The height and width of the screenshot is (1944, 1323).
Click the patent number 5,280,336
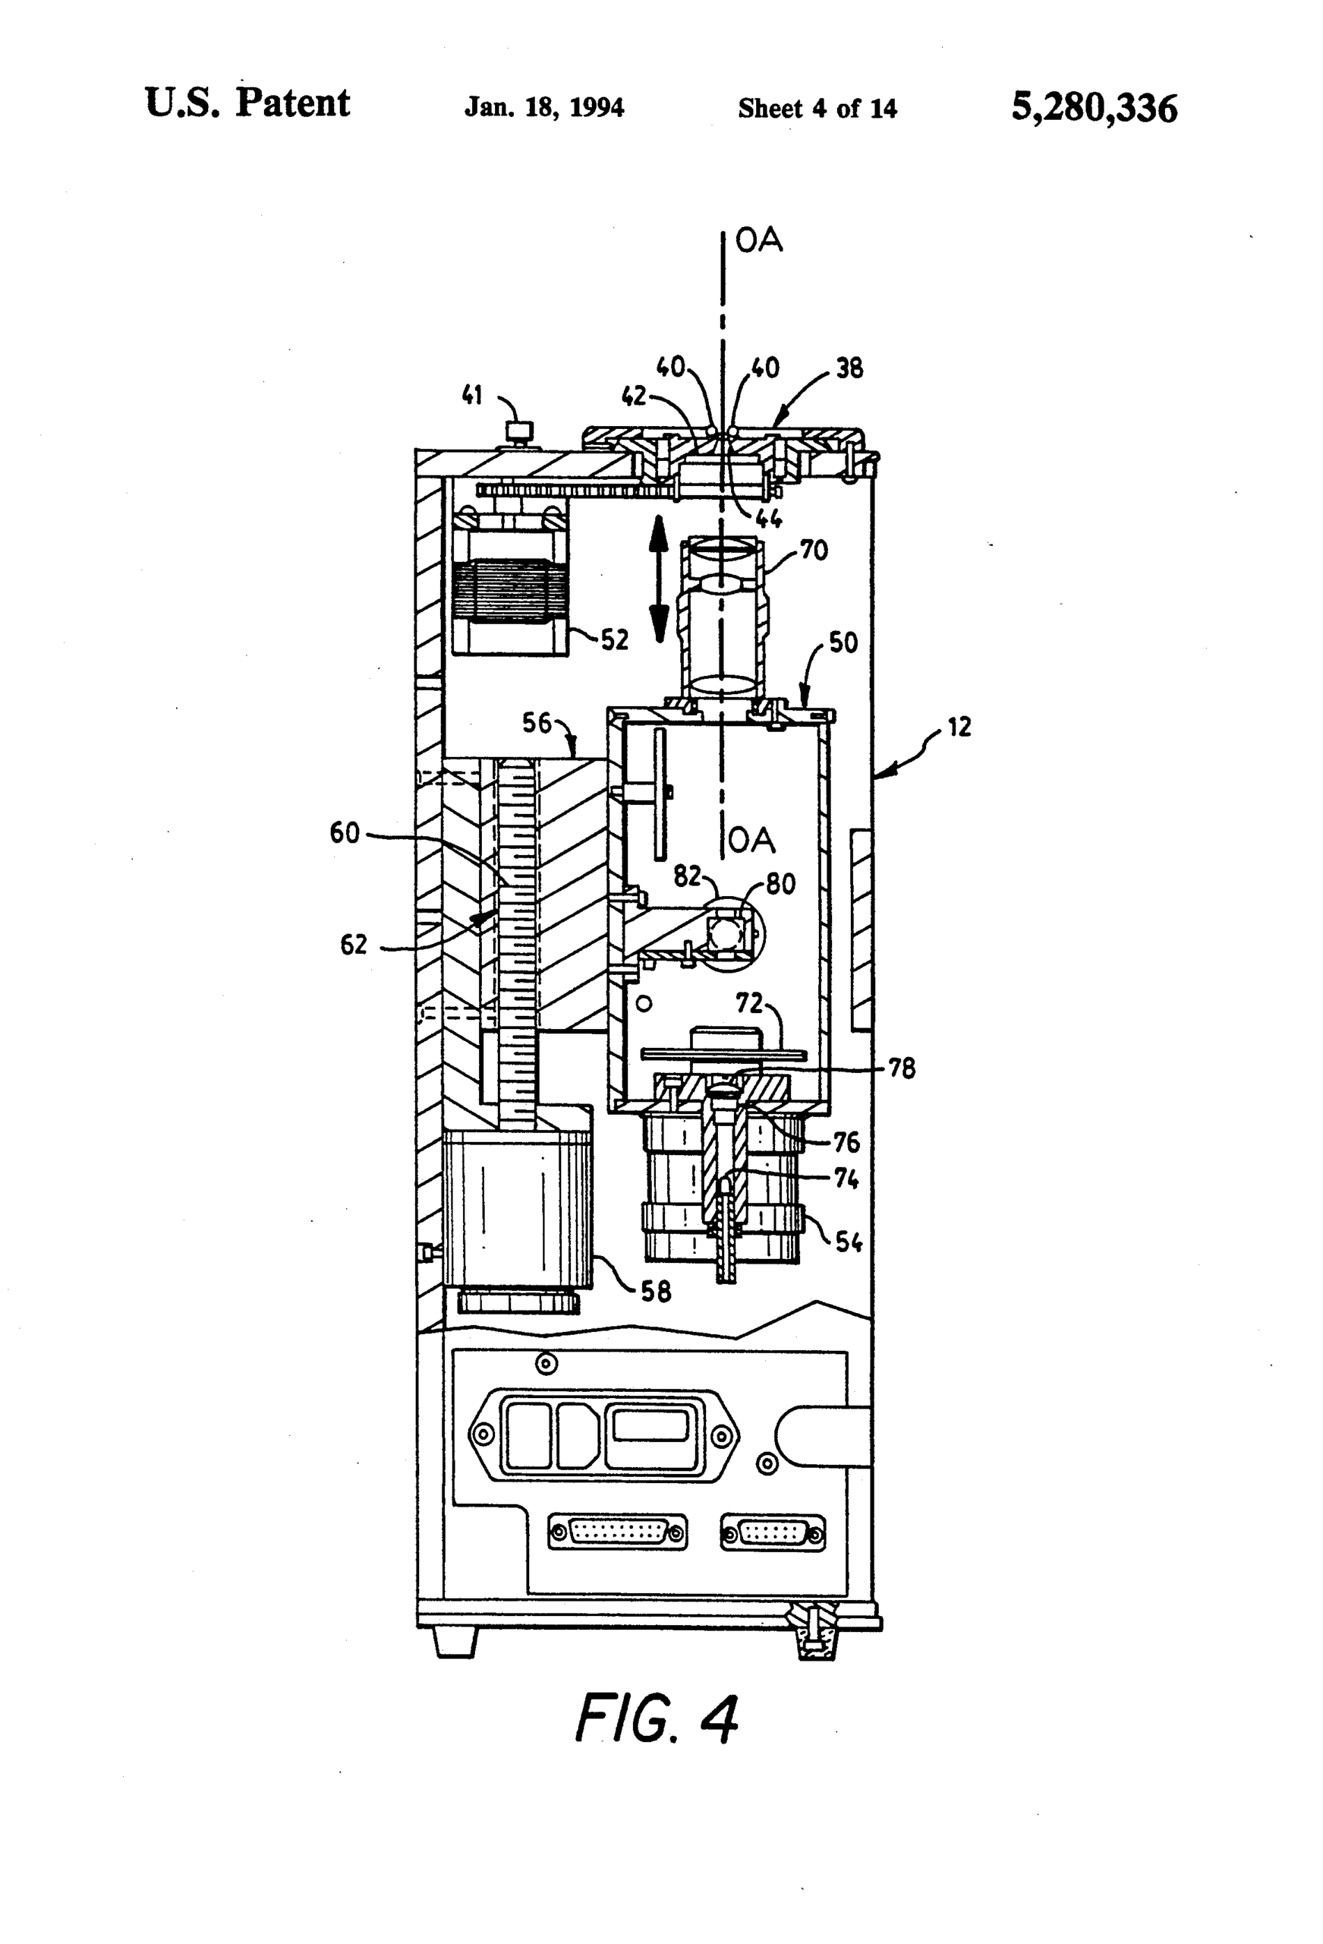(1094, 108)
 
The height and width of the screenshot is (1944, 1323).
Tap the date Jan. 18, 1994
(544, 108)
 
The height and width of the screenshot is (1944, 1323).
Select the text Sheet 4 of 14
(817, 109)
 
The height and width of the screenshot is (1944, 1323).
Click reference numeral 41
(472, 395)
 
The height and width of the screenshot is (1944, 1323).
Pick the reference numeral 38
(849, 368)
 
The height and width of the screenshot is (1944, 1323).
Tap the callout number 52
(615, 640)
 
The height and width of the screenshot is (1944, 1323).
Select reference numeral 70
(814, 551)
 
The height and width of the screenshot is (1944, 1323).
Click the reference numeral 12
(959, 727)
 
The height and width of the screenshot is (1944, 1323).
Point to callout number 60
(345, 833)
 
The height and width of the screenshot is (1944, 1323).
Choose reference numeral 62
(353, 945)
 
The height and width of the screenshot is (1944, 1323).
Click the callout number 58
(656, 1292)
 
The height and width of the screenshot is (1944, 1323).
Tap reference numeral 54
(849, 1242)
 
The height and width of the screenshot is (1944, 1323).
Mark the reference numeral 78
(902, 1068)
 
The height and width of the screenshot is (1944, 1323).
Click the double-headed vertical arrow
(659, 578)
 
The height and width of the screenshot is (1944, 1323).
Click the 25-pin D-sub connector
(617, 1533)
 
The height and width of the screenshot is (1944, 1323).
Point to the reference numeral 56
(537, 722)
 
